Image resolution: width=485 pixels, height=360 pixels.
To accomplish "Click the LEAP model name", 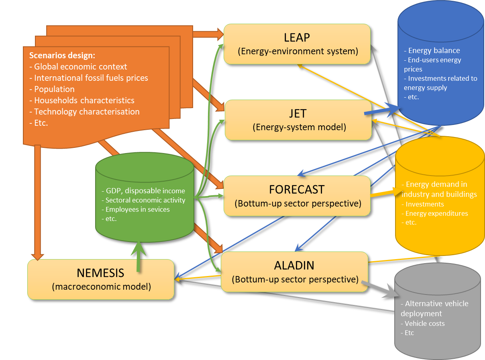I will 297,37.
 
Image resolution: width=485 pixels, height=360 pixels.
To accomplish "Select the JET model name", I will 298,113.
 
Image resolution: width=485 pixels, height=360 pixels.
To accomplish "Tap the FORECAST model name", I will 297,189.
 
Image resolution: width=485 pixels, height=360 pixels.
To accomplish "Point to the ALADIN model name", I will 294,265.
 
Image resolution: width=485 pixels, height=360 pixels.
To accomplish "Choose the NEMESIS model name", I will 100,273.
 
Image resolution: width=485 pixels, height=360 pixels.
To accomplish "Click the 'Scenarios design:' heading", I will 62,55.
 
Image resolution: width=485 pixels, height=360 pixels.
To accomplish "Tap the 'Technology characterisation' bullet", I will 87,112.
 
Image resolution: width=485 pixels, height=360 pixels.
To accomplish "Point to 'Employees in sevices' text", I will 137,209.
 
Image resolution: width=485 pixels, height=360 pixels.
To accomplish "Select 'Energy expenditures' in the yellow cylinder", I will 436,213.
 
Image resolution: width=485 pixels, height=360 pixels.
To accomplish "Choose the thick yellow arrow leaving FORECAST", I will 383,193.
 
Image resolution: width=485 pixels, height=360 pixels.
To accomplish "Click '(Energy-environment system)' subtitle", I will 298,51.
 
